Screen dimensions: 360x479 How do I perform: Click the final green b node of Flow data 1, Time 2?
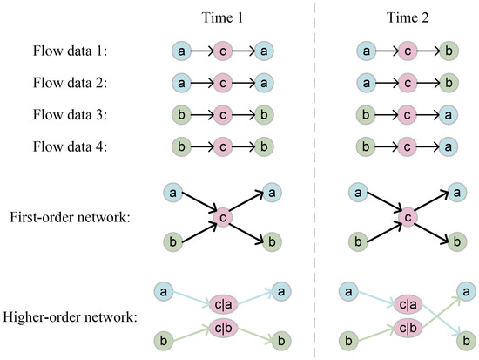(x=448, y=51)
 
